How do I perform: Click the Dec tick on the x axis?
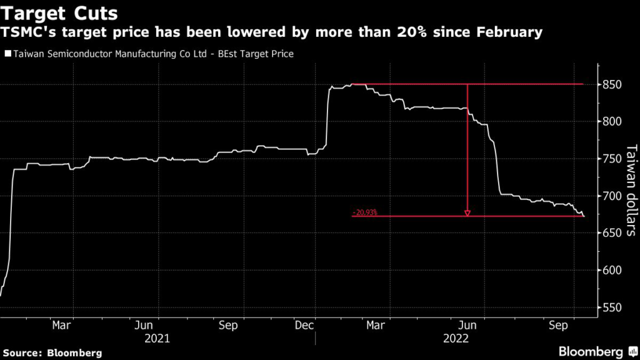pos(304,325)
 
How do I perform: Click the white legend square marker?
pos(7,54)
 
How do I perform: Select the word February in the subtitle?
pos(506,32)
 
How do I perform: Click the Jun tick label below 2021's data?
pos(144,325)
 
